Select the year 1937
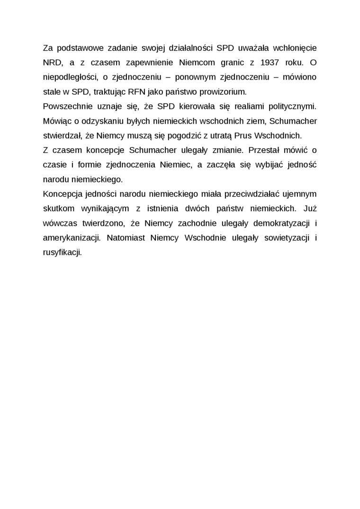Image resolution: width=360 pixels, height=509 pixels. tap(262, 62)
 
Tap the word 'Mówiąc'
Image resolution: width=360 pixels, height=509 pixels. tap(56, 121)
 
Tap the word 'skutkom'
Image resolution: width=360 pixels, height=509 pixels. tap(57, 208)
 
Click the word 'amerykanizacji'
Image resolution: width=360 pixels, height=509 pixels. tap(71, 238)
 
